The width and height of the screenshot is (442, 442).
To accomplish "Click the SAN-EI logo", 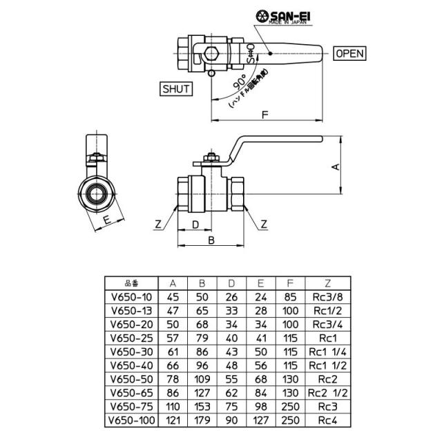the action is pos(283,17).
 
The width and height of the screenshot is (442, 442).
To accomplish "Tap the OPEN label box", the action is pos(349,53).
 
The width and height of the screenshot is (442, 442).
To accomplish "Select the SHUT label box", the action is pos(176,89).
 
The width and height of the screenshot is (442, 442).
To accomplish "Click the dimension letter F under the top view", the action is pos(265,115).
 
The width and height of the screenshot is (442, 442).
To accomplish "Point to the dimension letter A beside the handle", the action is pos(336,167).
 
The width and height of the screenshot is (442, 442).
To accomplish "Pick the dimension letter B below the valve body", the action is pos(211,240).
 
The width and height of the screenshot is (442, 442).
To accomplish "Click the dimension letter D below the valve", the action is pos(195,224).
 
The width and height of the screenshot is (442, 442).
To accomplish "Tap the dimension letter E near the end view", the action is pos(107,220).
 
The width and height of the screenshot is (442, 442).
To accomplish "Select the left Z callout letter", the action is pos(158,224).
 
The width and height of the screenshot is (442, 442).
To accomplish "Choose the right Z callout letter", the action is pos(264,224).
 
